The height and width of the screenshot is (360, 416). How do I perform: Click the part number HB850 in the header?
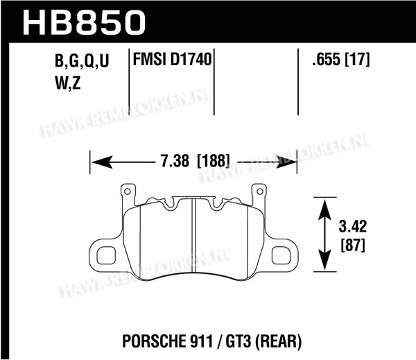(x=84, y=23)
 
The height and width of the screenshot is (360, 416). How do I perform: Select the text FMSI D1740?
(x=172, y=59)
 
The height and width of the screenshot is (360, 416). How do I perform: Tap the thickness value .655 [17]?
(x=341, y=59)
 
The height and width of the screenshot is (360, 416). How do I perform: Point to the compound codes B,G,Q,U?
(x=82, y=61)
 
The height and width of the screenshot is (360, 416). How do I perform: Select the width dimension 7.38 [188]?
(x=195, y=161)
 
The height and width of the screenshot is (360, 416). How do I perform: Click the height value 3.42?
(x=353, y=226)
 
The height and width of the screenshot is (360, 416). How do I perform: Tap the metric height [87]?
(x=353, y=245)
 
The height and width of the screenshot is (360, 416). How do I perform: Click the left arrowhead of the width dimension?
(x=102, y=162)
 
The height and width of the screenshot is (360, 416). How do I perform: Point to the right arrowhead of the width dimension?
(x=286, y=162)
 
